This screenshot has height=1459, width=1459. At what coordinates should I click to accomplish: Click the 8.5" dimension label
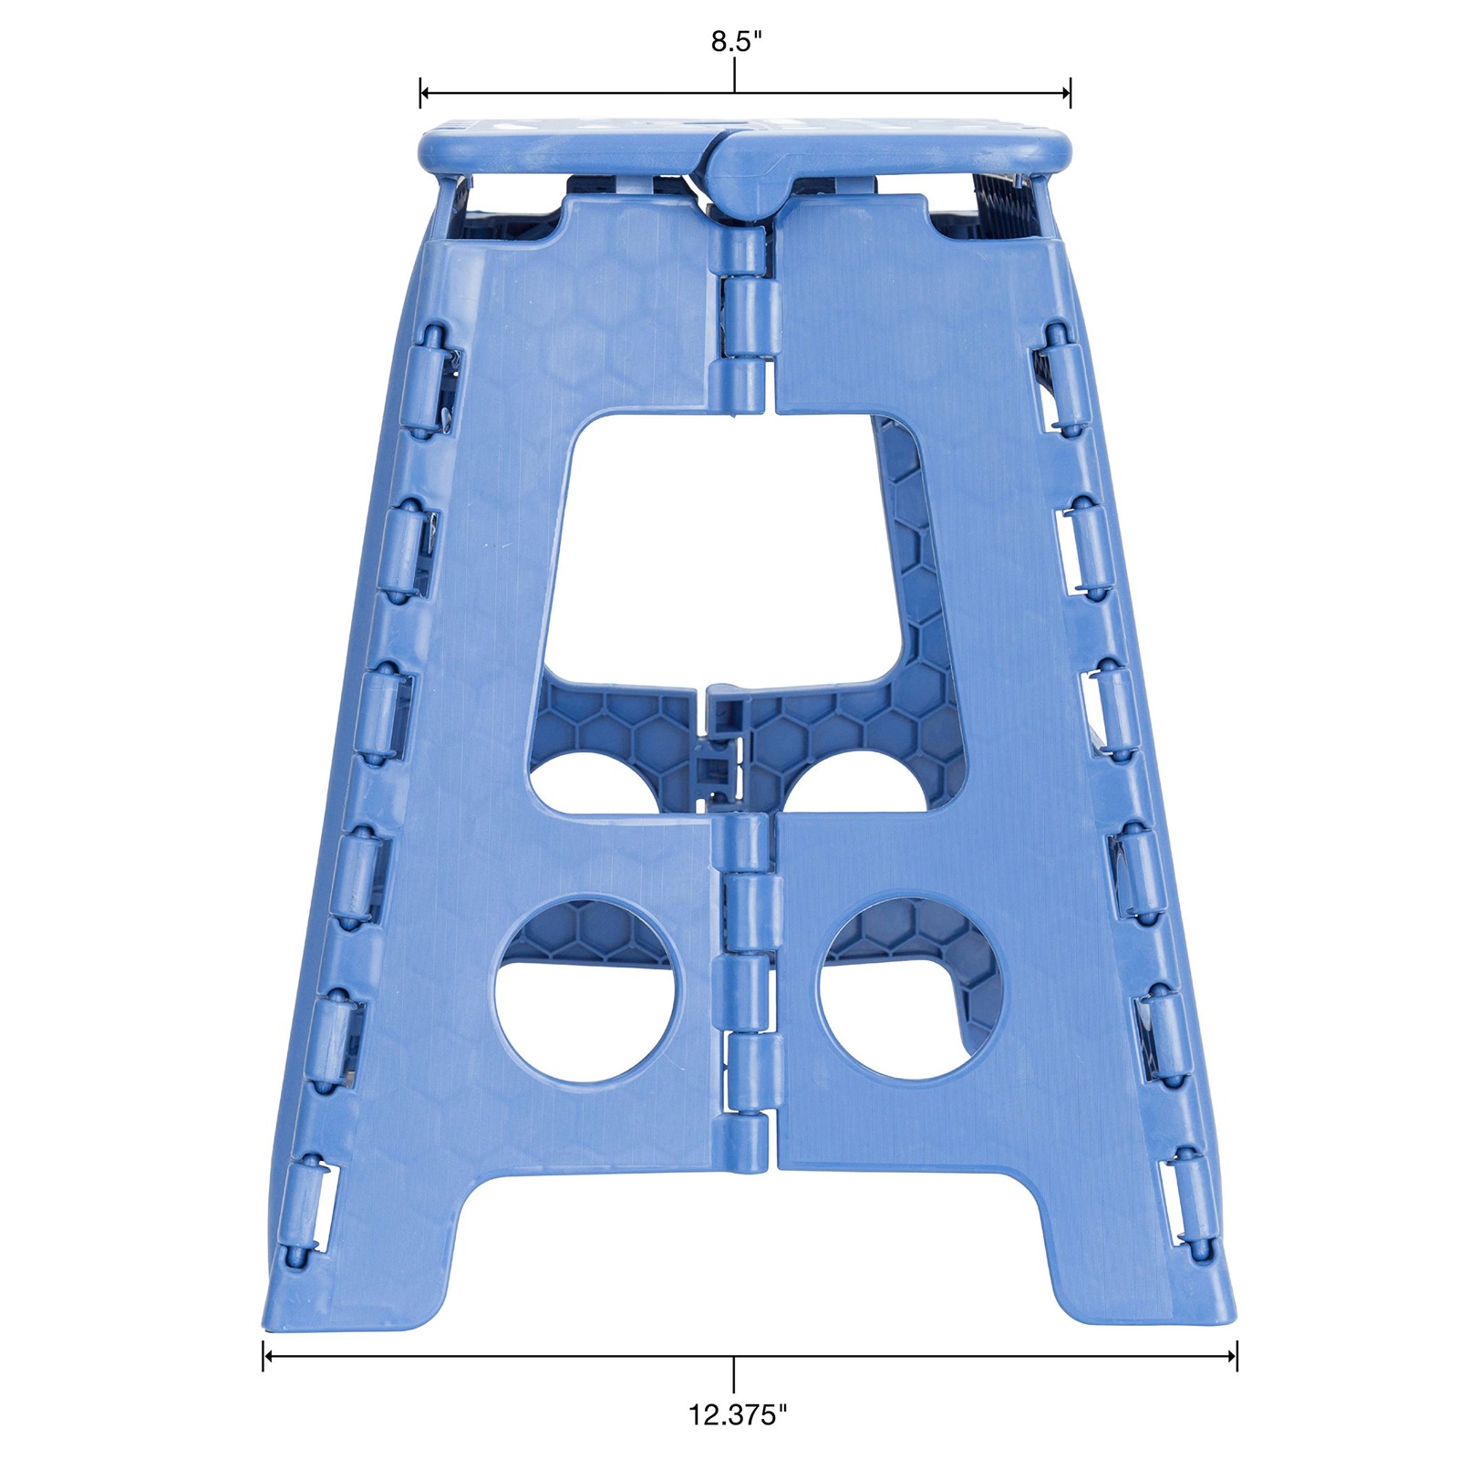pyautogui.click(x=736, y=42)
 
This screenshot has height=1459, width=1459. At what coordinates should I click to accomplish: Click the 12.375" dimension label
pyautogui.click(x=737, y=1414)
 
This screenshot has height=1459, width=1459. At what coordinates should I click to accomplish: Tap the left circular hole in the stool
pyautogui.click(x=585, y=990)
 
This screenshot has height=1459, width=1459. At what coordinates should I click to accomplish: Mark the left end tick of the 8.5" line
pyautogui.click(x=420, y=92)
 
